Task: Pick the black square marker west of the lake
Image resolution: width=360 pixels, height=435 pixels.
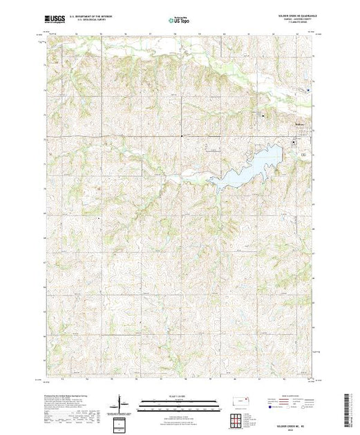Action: coord(182,135)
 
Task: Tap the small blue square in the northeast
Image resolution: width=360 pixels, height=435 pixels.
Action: coord(308,90)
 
